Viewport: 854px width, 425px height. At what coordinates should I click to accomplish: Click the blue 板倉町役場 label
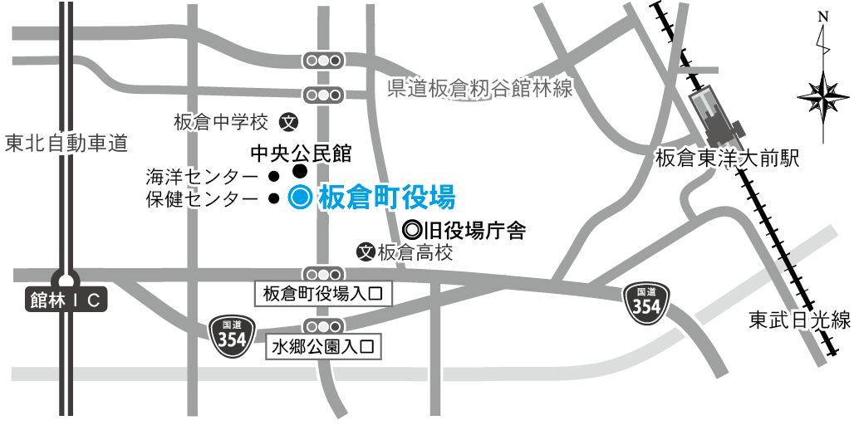pyautogui.click(x=386, y=198)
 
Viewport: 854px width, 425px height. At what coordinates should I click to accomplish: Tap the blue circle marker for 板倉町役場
pyautogui.click(x=300, y=198)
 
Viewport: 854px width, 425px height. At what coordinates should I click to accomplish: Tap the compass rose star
pyautogui.click(x=822, y=97)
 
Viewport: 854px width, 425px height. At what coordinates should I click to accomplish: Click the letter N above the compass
pyautogui.click(x=822, y=17)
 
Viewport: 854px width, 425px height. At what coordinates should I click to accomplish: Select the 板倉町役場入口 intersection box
pyautogui.click(x=321, y=293)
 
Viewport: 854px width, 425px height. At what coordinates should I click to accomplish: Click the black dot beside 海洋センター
pyautogui.click(x=272, y=176)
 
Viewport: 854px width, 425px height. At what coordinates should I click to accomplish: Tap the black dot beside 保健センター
pyautogui.click(x=272, y=198)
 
